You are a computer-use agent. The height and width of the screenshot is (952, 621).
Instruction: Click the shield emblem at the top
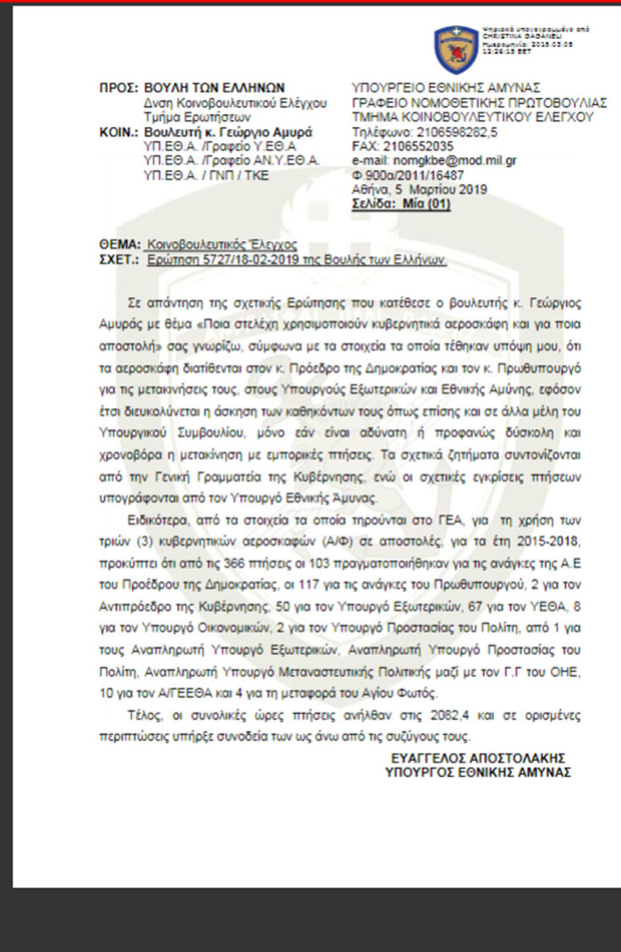(x=456, y=49)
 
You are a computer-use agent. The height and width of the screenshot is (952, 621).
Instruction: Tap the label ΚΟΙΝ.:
(x=118, y=132)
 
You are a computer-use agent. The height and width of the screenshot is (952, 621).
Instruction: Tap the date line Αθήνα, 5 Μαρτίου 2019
(x=419, y=189)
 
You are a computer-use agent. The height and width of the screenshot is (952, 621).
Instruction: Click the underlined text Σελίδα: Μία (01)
(x=400, y=203)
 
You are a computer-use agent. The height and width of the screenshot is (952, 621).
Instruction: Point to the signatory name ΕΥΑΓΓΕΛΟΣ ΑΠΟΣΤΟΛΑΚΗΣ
(x=478, y=757)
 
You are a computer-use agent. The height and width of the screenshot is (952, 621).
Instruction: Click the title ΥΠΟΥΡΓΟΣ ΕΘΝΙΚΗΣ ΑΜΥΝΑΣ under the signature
(x=477, y=771)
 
